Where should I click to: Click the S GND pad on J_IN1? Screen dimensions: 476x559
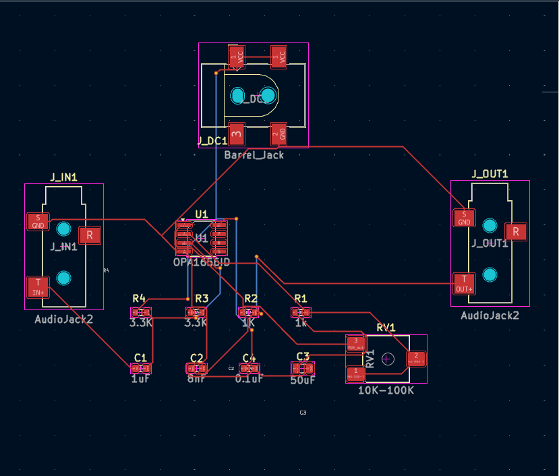(38, 221)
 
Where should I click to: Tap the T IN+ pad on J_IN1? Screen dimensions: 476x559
(38, 287)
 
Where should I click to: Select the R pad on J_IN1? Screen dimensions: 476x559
(90, 235)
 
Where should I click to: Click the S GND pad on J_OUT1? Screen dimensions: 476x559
(464, 218)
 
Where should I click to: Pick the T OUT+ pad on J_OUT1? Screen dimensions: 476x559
(464, 282)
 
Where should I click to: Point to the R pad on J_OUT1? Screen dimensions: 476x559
(516, 231)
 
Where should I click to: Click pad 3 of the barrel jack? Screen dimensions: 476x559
(237, 134)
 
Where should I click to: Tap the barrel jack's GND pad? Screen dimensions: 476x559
(279, 134)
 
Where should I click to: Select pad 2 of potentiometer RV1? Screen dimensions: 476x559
(416, 358)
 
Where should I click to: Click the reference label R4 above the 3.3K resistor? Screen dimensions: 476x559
(139, 298)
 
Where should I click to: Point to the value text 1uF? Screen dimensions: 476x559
(140, 379)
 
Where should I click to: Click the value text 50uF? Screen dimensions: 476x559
(303, 379)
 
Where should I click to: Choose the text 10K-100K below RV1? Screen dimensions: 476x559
(386, 390)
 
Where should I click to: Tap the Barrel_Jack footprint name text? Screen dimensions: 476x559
(254, 155)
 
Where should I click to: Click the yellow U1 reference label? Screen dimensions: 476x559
(202, 214)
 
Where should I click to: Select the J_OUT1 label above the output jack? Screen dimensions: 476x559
(490, 174)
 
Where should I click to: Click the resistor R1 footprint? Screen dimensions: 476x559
(301, 312)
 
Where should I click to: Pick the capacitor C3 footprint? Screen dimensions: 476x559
(303, 368)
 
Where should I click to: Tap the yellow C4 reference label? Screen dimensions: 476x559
(249, 357)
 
